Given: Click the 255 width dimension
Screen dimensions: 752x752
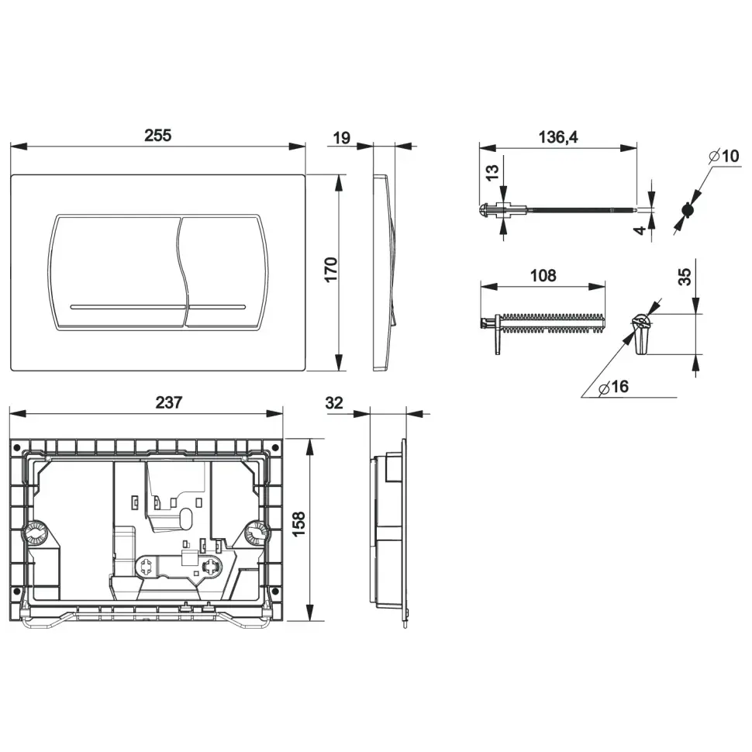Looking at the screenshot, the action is click(158, 135).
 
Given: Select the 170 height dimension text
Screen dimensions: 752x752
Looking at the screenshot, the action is click(331, 270).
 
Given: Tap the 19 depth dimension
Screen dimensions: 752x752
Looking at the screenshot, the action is click(341, 138).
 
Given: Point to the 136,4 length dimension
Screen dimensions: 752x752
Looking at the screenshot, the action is click(558, 137).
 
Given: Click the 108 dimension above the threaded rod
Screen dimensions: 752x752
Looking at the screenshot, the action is click(543, 276).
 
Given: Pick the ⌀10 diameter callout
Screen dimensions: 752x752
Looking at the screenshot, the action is click(724, 156).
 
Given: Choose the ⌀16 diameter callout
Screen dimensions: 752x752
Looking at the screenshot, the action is click(614, 387).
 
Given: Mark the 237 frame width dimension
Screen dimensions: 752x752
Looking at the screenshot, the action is click(169, 402).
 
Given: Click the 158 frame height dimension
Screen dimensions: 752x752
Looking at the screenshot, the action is click(298, 524).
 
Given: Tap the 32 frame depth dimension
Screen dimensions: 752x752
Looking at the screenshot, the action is click(334, 403).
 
